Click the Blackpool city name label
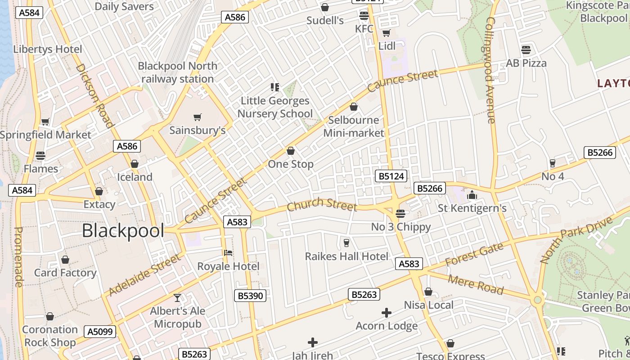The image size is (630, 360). click(x=123, y=231)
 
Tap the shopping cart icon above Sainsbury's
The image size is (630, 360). click(x=197, y=117)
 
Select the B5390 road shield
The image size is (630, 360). click(x=250, y=296)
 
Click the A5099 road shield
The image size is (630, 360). click(x=101, y=332)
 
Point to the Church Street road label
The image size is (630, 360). click(x=322, y=205)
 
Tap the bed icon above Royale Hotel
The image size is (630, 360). click(x=228, y=253)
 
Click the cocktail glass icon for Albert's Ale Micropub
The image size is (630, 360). click(x=178, y=298)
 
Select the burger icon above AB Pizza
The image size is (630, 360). click(x=526, y=49)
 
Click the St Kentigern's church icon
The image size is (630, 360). click(x=472, y=195)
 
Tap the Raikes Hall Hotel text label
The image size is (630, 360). click(x=346, y=256)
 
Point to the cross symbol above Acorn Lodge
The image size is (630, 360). click(x=386, y=312)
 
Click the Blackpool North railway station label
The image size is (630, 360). click(x=177, y=72)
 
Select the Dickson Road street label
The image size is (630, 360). click(x=94, y=95)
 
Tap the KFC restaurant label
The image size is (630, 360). click(x=364, y=29)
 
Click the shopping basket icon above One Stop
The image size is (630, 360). click(x=291, y=151)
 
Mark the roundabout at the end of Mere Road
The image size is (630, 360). click(x=537, y=300)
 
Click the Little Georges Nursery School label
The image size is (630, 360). click(x=275, y=107)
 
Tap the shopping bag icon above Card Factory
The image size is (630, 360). click(x=65, y=260)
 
